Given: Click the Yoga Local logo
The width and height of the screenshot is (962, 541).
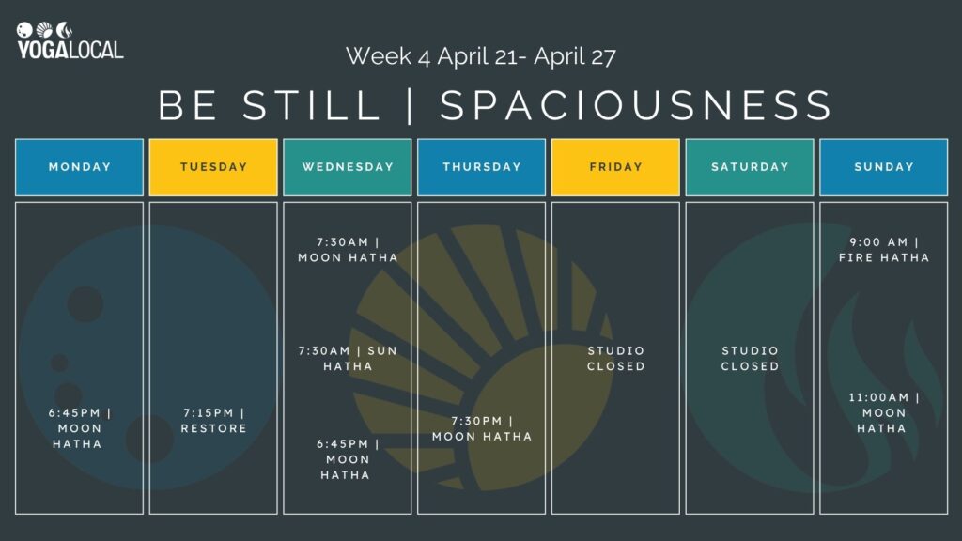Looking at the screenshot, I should (70, 40).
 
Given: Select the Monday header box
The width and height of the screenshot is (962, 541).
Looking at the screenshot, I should (80, 167).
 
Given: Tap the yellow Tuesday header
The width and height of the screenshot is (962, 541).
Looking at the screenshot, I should (213, 167).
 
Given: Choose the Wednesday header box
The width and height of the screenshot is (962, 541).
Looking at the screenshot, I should (348, 167).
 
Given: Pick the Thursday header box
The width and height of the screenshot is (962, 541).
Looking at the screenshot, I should (481, 167).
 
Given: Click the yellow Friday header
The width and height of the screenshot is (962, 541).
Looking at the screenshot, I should (615, 167).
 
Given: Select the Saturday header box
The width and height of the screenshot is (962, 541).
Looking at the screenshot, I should (750, 167).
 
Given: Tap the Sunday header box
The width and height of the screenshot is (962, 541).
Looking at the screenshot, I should (883, 167).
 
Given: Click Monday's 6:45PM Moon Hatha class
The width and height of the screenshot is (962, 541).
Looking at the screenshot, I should (80, 428).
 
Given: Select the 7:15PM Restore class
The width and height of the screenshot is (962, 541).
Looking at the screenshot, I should (213, 421).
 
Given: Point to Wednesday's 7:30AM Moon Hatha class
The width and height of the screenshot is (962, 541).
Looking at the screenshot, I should (348, 250).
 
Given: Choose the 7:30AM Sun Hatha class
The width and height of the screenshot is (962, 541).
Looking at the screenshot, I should (348, 358).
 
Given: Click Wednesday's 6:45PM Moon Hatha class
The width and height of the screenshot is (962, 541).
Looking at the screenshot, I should (348, 459).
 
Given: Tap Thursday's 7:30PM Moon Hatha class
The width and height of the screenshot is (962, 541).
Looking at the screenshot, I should (481, 428).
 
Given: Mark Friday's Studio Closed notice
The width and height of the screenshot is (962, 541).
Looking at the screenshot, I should (615, 358).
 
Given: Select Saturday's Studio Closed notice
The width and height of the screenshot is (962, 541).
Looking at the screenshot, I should (750, 358).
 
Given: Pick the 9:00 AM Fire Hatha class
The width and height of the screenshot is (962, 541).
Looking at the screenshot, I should (883, 250).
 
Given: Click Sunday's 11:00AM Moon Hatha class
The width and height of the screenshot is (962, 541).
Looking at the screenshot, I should (883, 412).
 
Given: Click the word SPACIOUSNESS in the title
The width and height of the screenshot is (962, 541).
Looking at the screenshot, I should (636, 106).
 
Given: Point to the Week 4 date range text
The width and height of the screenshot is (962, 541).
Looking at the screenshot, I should (480, 56).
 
